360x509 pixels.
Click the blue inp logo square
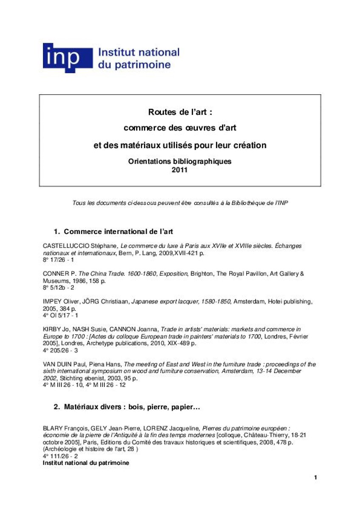pyautogui.click(x=67, y=58)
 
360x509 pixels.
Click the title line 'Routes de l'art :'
pyautogui.click(x=180, y=112)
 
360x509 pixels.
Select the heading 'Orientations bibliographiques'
pyautogui.click(x=180, y=162)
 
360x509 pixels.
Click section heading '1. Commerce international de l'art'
pyautogui.click(x=113, y=232)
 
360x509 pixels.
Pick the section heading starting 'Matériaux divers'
pyautogui.click(x=127, y=407)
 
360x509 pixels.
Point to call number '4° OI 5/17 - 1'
pyautogui.click(x=60, y=315)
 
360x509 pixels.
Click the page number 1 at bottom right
pyautogui.click(x=315, y=478)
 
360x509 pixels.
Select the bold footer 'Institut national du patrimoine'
pyautogui.click(x=86, y=463)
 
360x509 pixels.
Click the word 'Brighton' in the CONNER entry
pyautogui.click(x=202, y=274)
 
